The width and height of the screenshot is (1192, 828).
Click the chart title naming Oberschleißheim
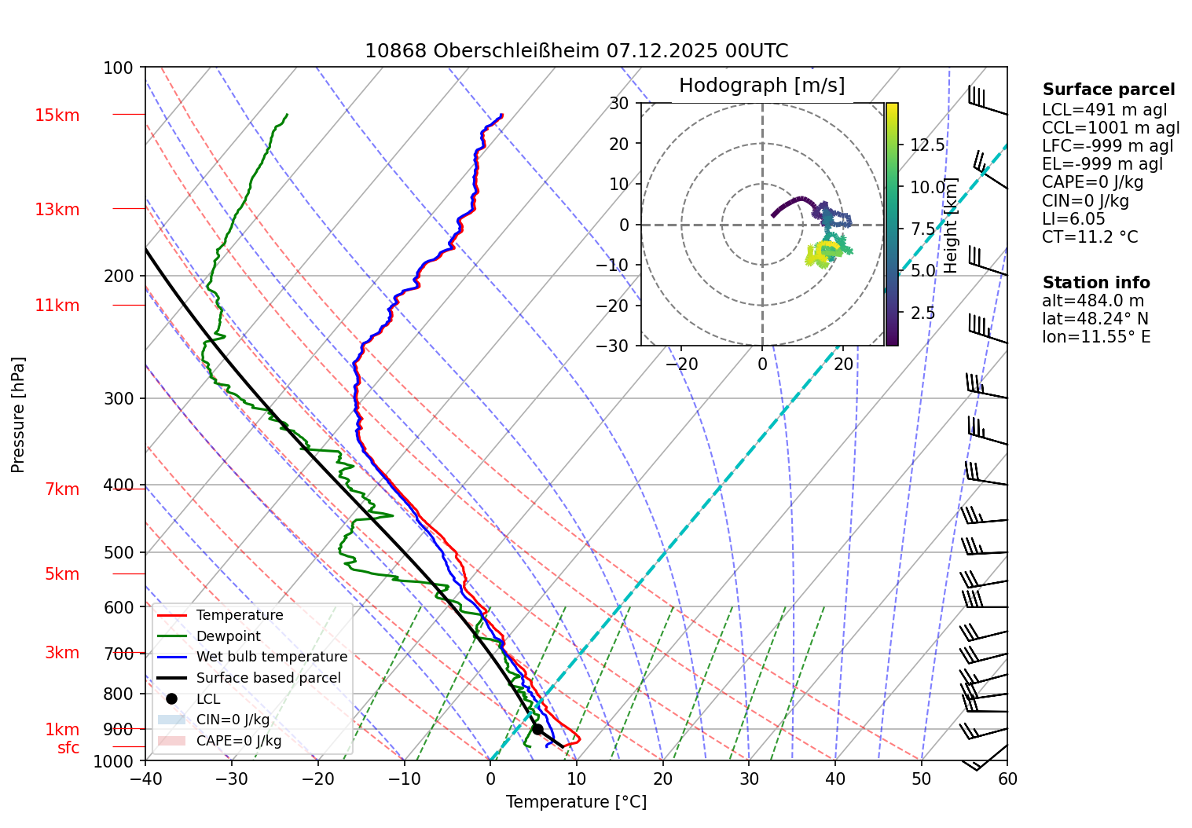[x=576, y=51]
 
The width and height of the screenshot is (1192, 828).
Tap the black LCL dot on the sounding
[x=537, y=729]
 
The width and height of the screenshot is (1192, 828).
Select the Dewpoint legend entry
[x=228, y=636]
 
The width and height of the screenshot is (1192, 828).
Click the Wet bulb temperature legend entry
[x=271, y=657]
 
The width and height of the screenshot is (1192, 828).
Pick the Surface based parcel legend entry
[x=268, y=678]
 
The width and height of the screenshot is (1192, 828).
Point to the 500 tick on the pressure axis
[x=119, y=552]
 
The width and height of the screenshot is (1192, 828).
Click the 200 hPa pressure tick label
[x=119, y=276]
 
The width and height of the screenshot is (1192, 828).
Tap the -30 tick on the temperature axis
[x=232, y=779]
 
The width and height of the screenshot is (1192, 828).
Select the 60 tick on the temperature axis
[x=1007, y=779]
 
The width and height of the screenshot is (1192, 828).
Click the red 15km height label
[x=57, y=115]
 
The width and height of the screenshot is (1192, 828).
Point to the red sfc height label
[x=68, y=748]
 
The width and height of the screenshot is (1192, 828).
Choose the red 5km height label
[x=62, y=574]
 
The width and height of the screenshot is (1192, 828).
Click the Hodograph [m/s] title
[x=761, y=86]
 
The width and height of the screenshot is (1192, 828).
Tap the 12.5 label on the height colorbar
[x=927, y=145]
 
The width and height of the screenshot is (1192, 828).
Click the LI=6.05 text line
[x=1073, y=219]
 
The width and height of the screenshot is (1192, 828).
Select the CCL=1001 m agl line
[x=1110, y=128]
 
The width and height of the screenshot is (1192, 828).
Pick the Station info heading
[x=1096, y=283]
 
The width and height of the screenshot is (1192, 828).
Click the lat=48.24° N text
[x=1095, y=319]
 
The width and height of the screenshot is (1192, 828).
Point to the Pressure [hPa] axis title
[x=18, y=415]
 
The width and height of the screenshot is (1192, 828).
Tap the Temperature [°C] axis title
[x=576, y=802]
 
